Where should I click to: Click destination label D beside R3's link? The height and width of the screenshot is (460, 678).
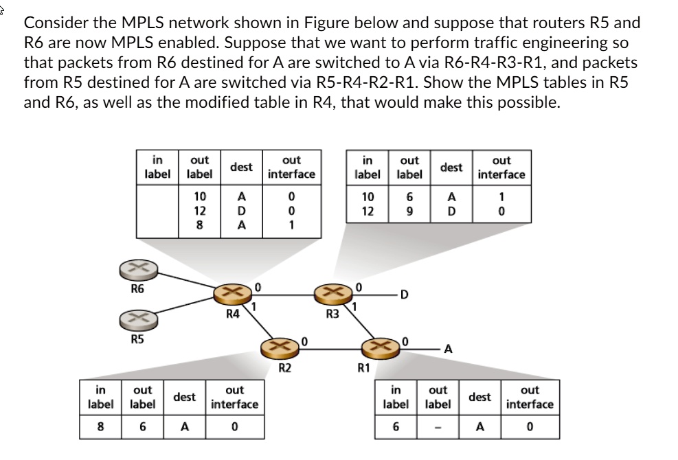coord(405,295)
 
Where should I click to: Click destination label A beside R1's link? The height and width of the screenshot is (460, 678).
coord(448,348)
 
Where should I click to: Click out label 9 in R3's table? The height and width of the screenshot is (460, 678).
coord(409,211)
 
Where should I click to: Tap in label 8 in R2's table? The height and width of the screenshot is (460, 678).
coord(100,426)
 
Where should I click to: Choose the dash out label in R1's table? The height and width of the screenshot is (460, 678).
coord(438,426)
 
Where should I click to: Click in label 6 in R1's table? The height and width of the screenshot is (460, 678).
coord(395,426)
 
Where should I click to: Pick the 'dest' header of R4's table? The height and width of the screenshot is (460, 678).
coord(241,167)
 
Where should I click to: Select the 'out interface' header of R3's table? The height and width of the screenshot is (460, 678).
coord(501,167)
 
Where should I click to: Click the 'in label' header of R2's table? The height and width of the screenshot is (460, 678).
coord(100,397)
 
